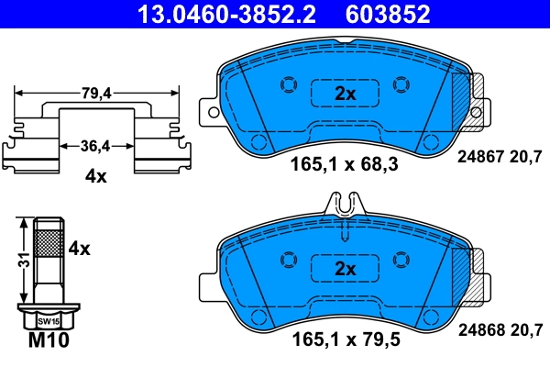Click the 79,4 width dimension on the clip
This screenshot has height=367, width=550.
pos(96,92)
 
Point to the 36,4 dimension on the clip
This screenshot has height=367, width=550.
pos(96,145)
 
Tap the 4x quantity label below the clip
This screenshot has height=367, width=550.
pos(96,176)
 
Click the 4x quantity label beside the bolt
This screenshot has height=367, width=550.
pos(80,248)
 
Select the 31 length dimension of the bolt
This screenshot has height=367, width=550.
pos(19,262)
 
